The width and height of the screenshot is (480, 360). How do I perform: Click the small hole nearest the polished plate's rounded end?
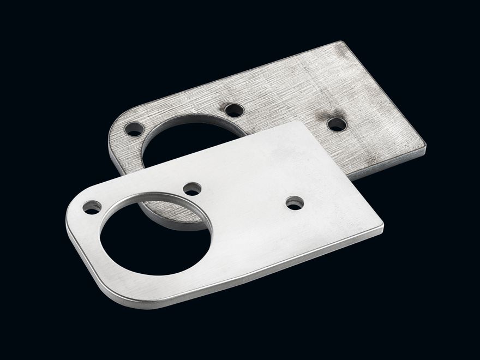coord(92,207)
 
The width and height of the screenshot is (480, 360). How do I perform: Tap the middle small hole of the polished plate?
coord(192,189)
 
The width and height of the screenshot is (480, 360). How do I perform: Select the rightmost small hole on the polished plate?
coord(295,203)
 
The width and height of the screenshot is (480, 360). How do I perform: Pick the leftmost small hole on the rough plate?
coord(134,129)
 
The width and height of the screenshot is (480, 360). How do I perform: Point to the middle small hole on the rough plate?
coord(234,110)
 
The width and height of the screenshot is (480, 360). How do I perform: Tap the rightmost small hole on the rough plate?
coord(337,124)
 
